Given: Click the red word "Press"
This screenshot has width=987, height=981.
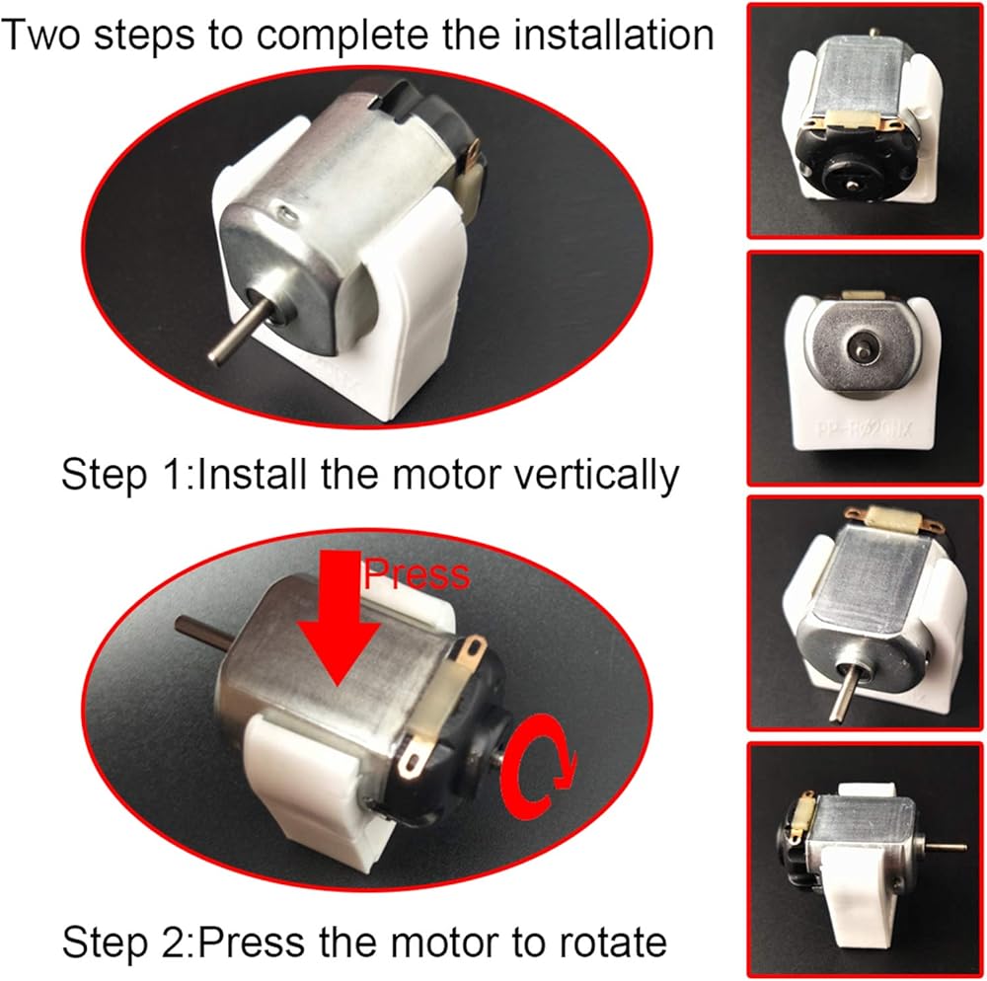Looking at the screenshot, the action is [x=417, y=573].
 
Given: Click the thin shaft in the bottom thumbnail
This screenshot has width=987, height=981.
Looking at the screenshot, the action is [x=942, y=848].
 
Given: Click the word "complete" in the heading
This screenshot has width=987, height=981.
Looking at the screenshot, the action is [x=343, y=36].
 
